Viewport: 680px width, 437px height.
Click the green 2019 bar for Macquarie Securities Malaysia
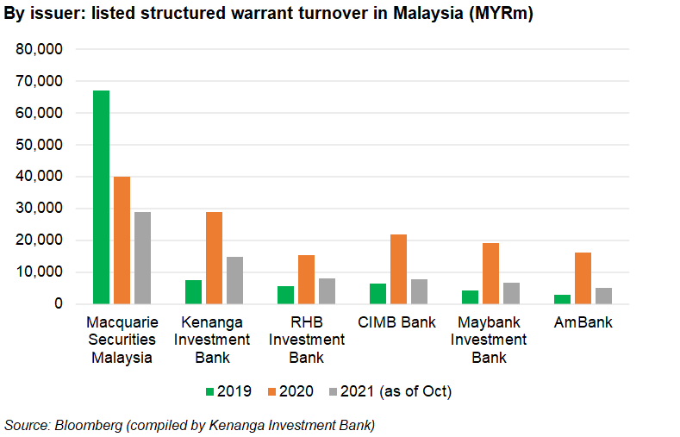pyautogui.click(x=101, y=197)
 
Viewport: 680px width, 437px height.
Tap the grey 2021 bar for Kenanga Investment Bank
pyautogui.click(x=235, y=280)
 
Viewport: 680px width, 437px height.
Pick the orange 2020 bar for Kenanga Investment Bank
pyautogui.click(x=215, y=258)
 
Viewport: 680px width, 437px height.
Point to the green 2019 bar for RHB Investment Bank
pyautogui.click(x=285, y=295)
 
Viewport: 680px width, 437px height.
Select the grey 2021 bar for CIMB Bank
pyautogui.click(x=420, y=291)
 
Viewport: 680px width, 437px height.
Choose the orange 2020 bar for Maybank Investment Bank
pyautogui.click(x=490, y=273)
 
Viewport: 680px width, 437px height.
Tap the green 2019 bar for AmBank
pyautogui.click(x=562, y=299)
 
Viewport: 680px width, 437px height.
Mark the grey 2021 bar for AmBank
pyautogui.click(x=603, y=296)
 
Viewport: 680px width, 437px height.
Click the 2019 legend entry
pyautogui.click(x=228, y=391)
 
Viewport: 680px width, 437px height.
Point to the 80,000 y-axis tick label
pyautogui.click(x=40, y=49)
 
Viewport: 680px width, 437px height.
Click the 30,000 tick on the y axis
pyautogui.click(x=40, y=209)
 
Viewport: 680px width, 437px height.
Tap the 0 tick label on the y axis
pyautogui.click(x=59, y=303)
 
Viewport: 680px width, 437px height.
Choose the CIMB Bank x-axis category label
pyautogui.click(x=396, y=323)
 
